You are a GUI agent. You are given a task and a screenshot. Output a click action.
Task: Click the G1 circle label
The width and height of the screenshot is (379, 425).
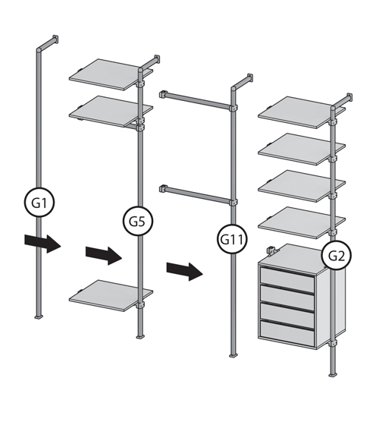click(39, 202)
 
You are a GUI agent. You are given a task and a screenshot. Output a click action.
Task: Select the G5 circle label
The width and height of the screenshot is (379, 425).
click(138, 221)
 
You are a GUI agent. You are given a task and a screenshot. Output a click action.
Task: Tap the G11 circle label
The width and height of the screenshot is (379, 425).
click(232, 239)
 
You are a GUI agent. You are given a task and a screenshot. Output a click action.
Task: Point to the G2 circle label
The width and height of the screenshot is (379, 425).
click(337, 255)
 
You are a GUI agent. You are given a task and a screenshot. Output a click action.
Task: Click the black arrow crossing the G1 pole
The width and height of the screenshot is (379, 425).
click(42, 244)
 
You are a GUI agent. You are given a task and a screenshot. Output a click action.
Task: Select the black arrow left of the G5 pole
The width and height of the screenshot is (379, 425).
click(104, 256)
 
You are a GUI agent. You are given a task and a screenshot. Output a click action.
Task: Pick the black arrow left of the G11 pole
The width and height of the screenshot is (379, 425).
click(185, 272)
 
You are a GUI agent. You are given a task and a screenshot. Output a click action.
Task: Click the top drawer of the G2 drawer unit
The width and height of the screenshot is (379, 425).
click(287, 276)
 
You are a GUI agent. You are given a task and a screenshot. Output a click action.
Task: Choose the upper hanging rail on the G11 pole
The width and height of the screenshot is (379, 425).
click(198, 99)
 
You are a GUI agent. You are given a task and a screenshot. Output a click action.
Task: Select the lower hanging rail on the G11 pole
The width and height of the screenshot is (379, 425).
click(198, 194)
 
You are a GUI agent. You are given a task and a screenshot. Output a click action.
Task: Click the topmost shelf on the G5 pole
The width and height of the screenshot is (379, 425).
click(111, 74)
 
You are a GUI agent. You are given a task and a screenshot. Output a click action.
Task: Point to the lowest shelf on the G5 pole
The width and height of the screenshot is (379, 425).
click(111, 296)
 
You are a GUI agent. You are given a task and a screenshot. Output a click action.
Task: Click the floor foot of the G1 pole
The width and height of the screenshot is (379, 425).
click(39, 316)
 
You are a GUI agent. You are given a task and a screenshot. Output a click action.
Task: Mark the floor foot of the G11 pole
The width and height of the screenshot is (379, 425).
click(233, 355)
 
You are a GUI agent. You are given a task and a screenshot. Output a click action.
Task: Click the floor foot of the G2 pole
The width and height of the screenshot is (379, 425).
click(333, 375)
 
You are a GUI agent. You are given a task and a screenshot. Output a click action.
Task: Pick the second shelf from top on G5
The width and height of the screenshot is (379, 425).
click(111, 111)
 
